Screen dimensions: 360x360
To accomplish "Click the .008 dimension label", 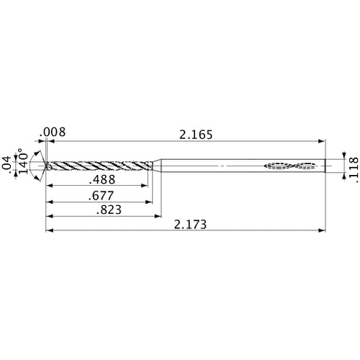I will click(x=54, y=131).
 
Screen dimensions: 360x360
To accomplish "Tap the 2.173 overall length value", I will click(x=190, y=225).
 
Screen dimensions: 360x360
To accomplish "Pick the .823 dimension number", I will click(x=104, y=210).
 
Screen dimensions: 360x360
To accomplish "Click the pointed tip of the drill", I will click(x=46, y=166).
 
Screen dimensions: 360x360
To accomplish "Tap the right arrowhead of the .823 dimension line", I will click(x=157, y=216).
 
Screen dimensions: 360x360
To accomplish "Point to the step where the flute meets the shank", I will click(x=158, y=166).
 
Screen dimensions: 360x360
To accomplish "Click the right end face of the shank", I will click(x=324, y=166).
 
